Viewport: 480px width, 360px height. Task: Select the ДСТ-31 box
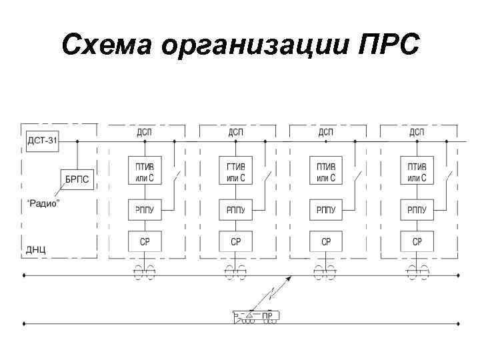pos(42,141)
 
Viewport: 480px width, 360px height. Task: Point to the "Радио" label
pos(43,203)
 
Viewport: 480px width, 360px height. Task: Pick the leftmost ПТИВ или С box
pos(144,171)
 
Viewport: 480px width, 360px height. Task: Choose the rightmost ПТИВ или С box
pos(417,171)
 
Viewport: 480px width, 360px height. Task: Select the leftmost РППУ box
pos(144,210)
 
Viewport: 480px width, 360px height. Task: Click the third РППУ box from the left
pos(325,210)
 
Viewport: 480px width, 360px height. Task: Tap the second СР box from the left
pos(235,241)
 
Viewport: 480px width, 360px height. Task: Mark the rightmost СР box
pos(417,241)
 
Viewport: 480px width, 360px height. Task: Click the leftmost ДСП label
pos(144,132)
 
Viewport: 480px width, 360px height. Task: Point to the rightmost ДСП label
pos(417,132)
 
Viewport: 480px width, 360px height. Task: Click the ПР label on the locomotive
pos(267,315)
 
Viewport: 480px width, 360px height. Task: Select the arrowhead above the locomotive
pos(289,281)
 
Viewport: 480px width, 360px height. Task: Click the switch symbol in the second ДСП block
pos(267,179)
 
